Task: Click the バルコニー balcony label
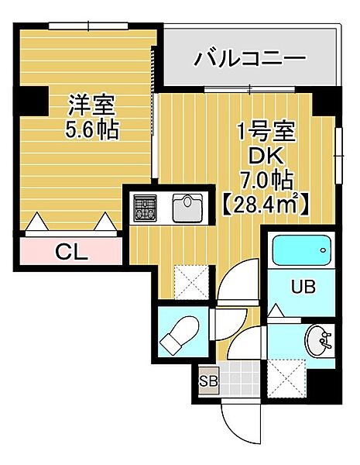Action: pyautogui.click(x=250, y=57)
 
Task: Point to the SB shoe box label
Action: pyautogui.click(x=208, y=380)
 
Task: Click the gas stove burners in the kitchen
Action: pyautogui.click(x=145, y=208)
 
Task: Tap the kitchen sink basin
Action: pyautogui.click(x=187, y=207)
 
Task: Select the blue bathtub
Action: pyautogui.click(x=303, y=250)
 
